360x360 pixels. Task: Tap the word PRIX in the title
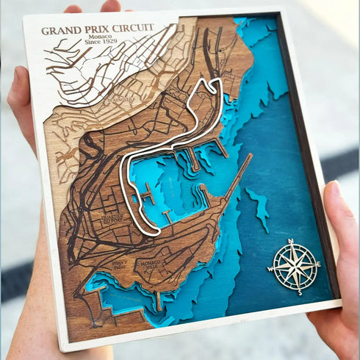tap(94, 29)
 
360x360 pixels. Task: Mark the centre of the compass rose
tap(295, 266)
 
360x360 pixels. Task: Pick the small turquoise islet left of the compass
tap(259, 207)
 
